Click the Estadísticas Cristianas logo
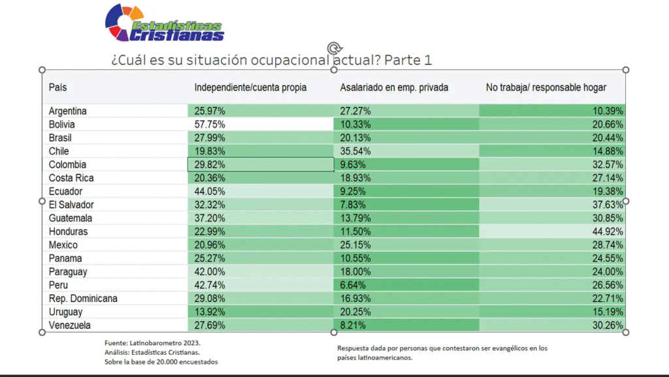point(165,23)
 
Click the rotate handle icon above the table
point(334,48)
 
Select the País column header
point(58,87)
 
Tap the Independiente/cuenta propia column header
point(250,87)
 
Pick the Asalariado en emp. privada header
point(394,87)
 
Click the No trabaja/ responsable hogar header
point(546,87)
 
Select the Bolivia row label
point(62,125)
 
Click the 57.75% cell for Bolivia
point(209,125)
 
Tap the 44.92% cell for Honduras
point(608,232)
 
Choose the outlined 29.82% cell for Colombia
point(209,164)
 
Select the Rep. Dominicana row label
point(83,299)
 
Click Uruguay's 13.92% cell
point(209,312)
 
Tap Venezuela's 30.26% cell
point(608,325)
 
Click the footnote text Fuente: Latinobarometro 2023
point(152,342)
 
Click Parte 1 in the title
point(408,60)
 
